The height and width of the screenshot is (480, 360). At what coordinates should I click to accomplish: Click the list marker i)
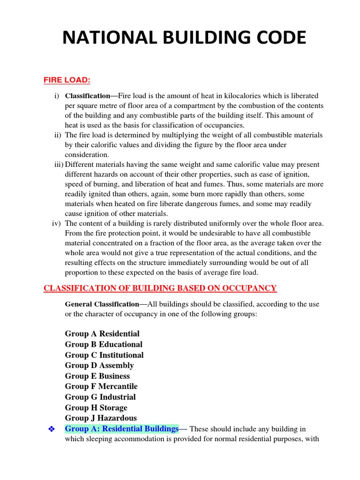pos(56,96)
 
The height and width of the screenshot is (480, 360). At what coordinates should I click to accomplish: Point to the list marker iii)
pos(58,165)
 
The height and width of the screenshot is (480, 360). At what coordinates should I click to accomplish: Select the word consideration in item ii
pos(87,154)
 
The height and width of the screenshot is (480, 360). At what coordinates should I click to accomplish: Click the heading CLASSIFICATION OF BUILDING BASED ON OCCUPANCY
pos(160,288)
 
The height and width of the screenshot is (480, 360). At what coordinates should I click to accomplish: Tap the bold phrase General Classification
pos(102,304)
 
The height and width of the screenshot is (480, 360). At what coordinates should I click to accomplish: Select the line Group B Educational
pos(104,345)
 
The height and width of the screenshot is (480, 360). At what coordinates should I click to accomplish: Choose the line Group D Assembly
pos(99,366)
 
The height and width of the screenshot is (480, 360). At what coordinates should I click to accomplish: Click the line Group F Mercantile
pos(101,387)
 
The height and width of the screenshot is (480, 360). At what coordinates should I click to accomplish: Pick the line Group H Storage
pos(96,408)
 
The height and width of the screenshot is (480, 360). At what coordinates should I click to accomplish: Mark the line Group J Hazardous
pos(101,418)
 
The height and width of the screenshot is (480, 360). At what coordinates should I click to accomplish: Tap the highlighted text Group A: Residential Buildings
pos(122,429)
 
